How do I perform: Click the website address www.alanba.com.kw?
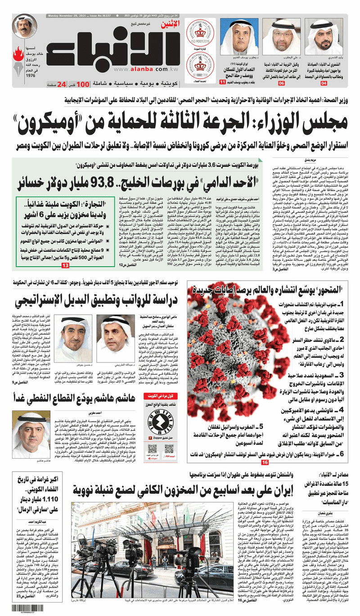pos(142,70)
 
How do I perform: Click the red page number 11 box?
pos(222,83)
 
